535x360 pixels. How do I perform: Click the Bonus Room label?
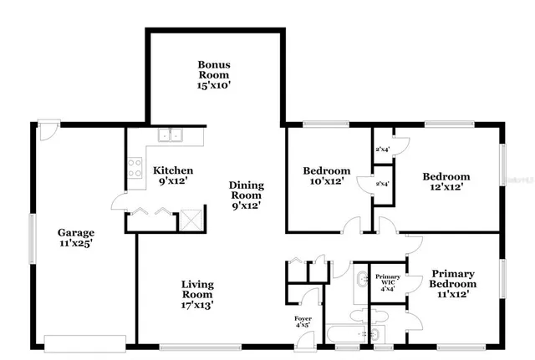point(214,74)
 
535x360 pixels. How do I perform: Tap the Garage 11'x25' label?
point(75,238)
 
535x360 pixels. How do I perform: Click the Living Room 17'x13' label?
point(197,295)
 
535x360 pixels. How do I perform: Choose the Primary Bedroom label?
point(454,284)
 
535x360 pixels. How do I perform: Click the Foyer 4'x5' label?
point(303,322)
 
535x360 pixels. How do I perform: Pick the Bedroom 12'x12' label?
point(446,181)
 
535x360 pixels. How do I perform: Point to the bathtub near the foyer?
point(343,335)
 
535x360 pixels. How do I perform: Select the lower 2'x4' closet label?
point(383,183)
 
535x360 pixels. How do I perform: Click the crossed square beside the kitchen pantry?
point(191,220)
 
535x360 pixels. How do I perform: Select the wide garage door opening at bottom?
point(84,342)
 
